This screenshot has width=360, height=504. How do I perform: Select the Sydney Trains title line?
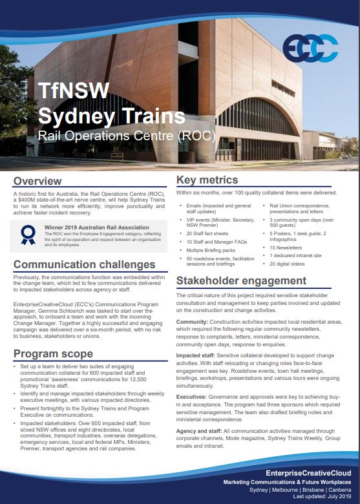[x=111, y=116]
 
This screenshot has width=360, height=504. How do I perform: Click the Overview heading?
[x=38, y=180]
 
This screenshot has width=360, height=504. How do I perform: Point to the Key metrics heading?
[x=207, y=180]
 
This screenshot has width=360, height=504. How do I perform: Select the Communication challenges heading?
[x=84, y=265]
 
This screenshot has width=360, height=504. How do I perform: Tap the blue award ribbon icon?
[x=27, y=235]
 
